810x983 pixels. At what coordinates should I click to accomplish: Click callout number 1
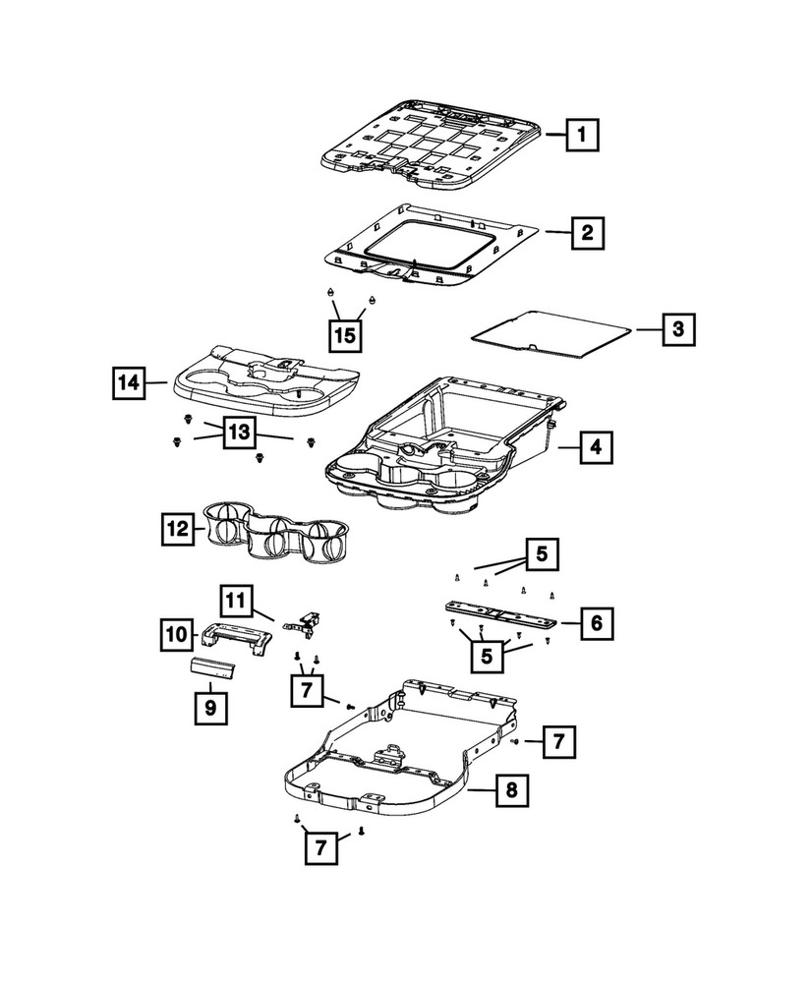coord(583,133)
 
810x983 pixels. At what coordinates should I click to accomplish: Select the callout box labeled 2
coord(586,234)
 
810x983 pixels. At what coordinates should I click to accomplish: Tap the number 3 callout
coord(677,329)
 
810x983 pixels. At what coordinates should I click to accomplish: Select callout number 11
coord(237,599)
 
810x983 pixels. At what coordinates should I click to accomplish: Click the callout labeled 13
coord(241,433)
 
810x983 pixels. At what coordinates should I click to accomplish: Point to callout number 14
coord(127,382)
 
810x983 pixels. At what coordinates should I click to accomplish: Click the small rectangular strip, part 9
coord(215,669)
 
